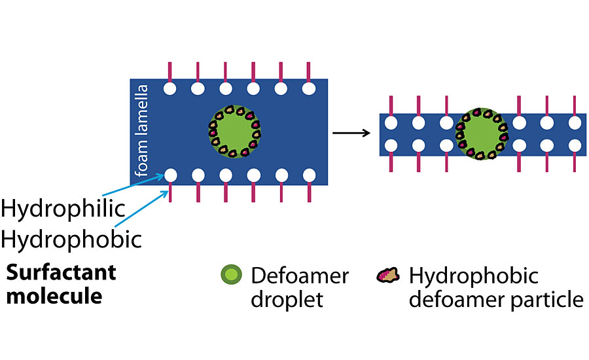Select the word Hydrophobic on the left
(x=71, y=240)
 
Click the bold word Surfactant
(x=61, y=272)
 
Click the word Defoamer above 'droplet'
(x=300, y=276)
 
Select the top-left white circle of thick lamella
(x=170, y=88)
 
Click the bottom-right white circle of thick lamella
(x=308, y=175)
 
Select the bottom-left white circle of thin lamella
(x=391, y=145)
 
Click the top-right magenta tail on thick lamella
(x=308, y=71)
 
